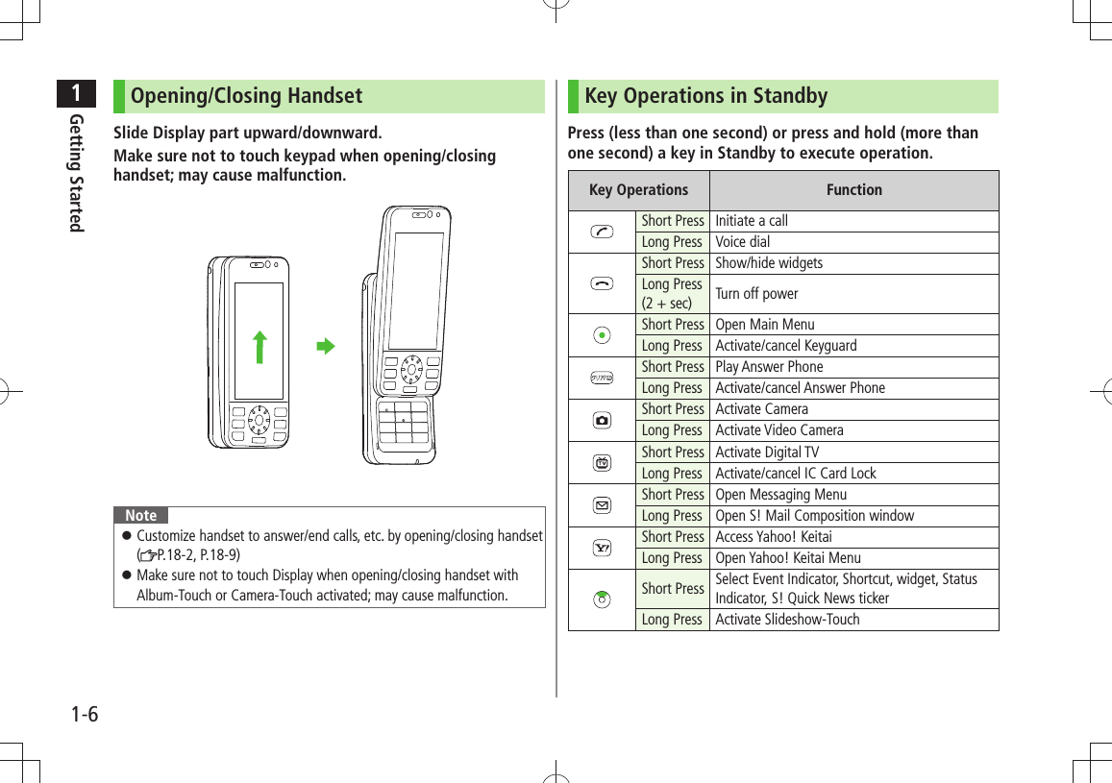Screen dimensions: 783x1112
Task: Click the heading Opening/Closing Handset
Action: pyautogui.click(x=246, y=96)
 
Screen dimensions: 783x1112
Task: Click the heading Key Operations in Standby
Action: pyautogui.click(x=705, y=96)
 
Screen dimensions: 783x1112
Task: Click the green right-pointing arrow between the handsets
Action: pyautogui.click(x=327, y=346)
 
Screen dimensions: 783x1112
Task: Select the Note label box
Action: pyautogui.click(x=140, y=515)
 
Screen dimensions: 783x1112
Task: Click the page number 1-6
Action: pyautogui.click(x=85, y=715)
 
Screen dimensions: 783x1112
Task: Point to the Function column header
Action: pyautogui.click(x=853, y=190)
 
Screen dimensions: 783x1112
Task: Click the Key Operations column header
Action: pyautogui.click(x=638, y=190)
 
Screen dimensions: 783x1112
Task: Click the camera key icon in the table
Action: pyautogui.click(x=602, y=420)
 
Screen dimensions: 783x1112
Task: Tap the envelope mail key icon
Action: pyautogui.click(x=602, y=504)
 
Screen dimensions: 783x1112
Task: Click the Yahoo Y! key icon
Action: pyautogui.click(x=602, y=547)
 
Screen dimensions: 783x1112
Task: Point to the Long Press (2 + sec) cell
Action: pyautogui.click(x=672, y=293)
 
